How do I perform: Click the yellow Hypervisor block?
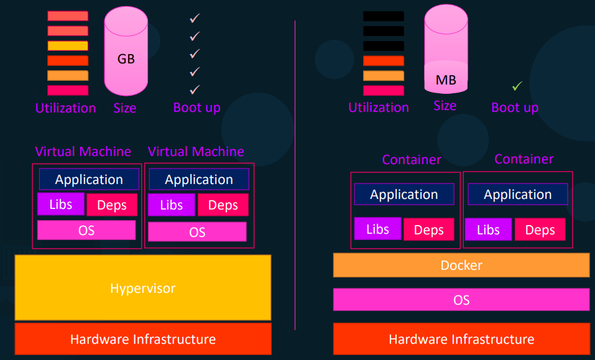pos(142,288)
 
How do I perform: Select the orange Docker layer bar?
pos(461,265)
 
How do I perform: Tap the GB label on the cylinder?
pos(126,60)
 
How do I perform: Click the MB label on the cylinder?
pos(446,80)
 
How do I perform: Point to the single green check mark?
pos(517,86)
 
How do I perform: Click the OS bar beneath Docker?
pos(461,300)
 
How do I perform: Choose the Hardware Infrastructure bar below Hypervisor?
pos(142,339)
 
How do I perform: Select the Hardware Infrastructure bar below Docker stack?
pos(461,339)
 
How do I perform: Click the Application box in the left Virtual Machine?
pos(89,179)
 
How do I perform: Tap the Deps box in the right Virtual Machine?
pos(223,205)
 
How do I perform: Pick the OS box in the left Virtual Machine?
pos(86,230)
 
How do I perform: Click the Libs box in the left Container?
pos(377,229)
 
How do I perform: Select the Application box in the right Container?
pos(517,194)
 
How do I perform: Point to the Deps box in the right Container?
pos(540,230)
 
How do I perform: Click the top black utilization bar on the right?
pos(384,16)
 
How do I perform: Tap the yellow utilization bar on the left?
pos(68,45)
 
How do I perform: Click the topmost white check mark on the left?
pos(195,19)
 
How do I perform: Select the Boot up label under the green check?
pos(515,108)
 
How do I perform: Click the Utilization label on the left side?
pos(65,108)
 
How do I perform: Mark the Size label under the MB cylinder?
pos(445,106)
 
